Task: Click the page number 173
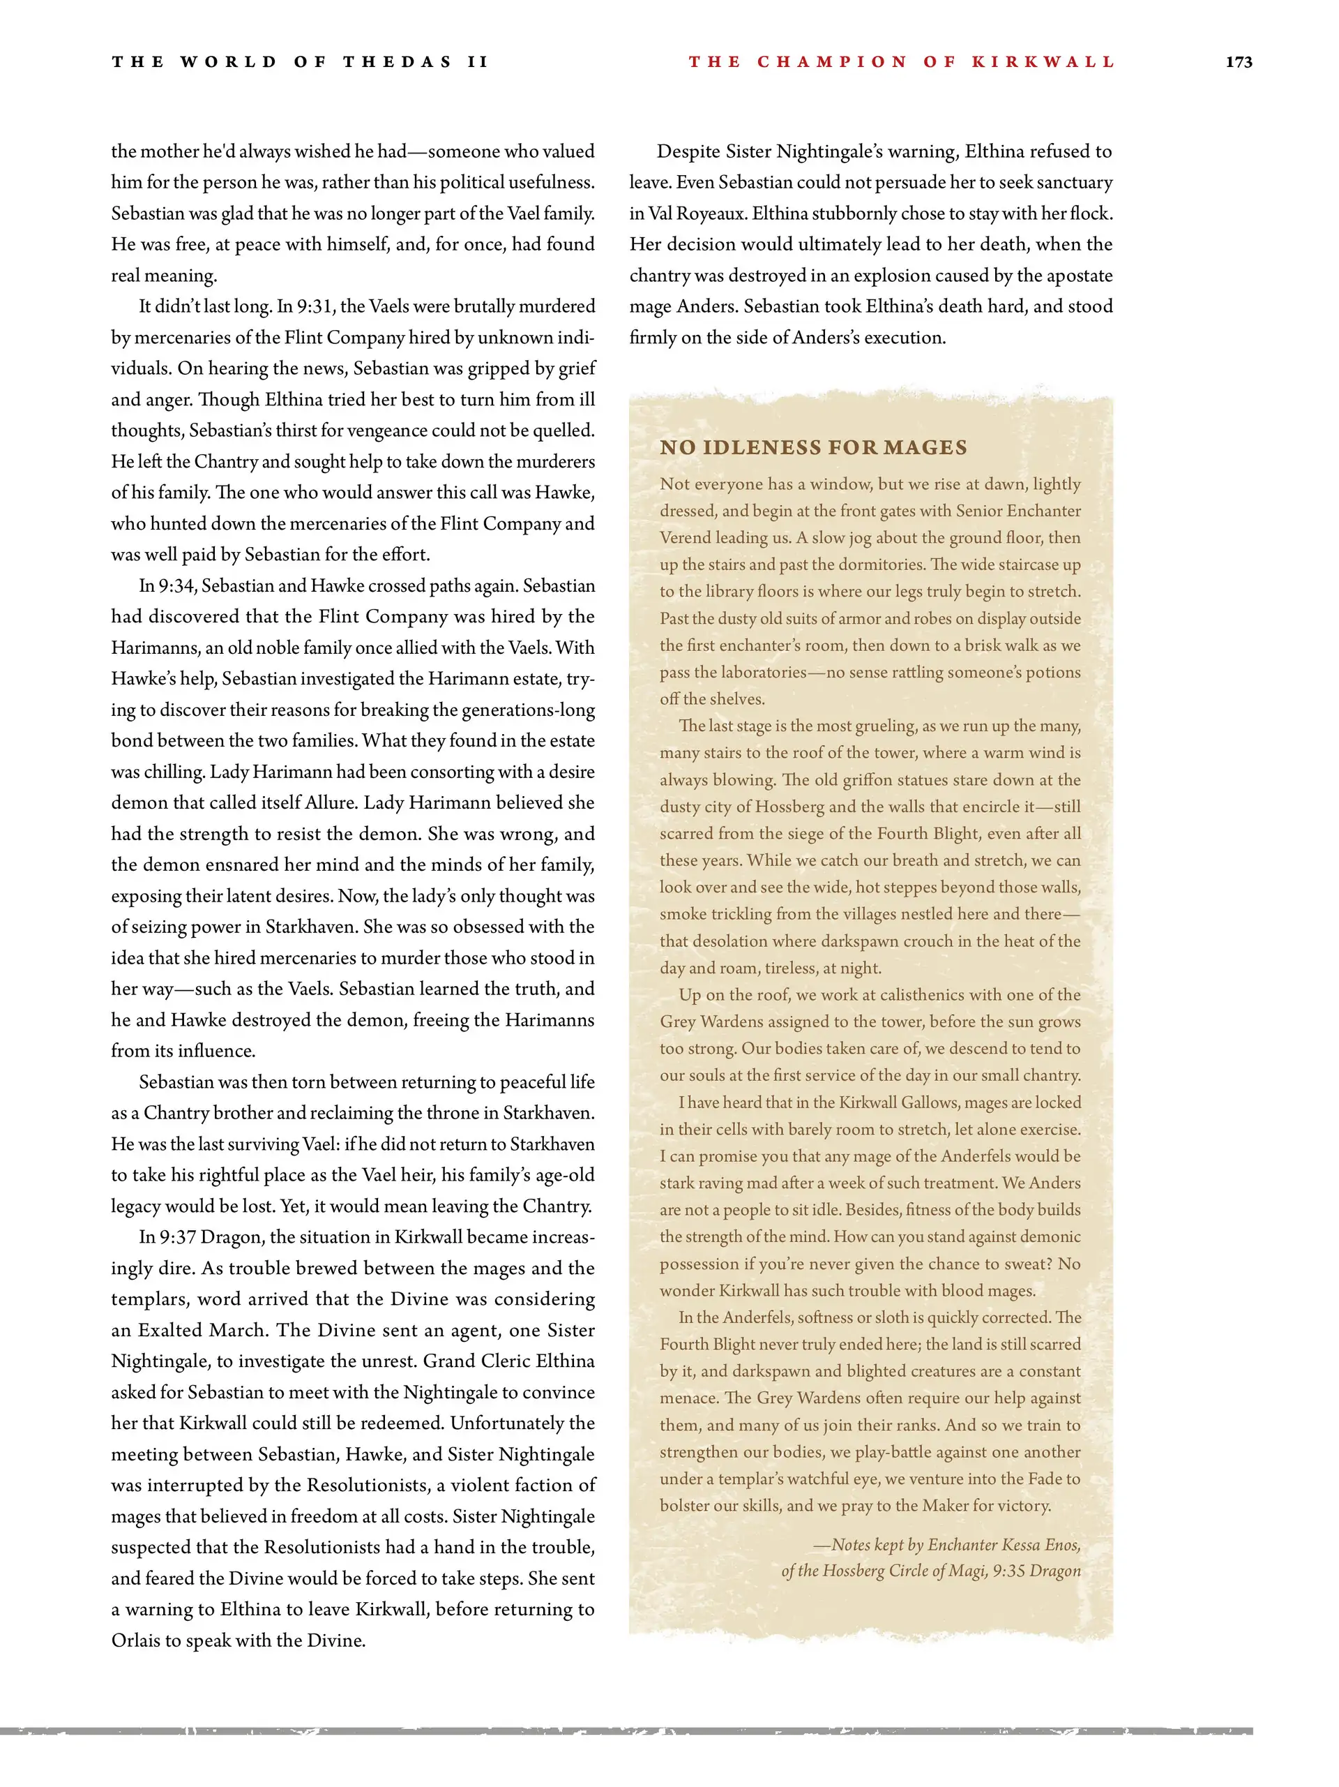(1238, 62)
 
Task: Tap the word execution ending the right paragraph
(904, 338)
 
